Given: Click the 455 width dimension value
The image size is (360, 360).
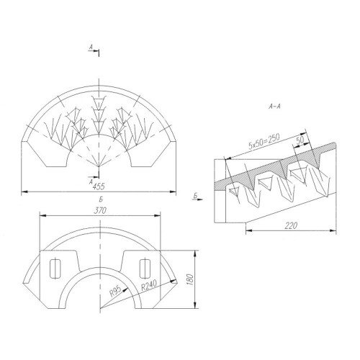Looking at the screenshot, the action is click(99, 186).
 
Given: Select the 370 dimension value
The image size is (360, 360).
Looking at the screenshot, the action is click(100, 211).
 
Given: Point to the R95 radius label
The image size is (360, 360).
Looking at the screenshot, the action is click(115, 291).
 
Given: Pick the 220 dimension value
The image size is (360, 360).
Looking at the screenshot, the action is click(291, 225).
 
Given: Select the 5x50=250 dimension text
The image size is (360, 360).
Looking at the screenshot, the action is click(264, 141).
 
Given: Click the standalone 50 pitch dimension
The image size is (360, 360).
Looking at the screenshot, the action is click(300, 140).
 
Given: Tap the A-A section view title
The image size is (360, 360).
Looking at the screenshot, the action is click(274, 107).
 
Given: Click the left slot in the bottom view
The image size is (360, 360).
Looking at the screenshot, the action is click(55, 268).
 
